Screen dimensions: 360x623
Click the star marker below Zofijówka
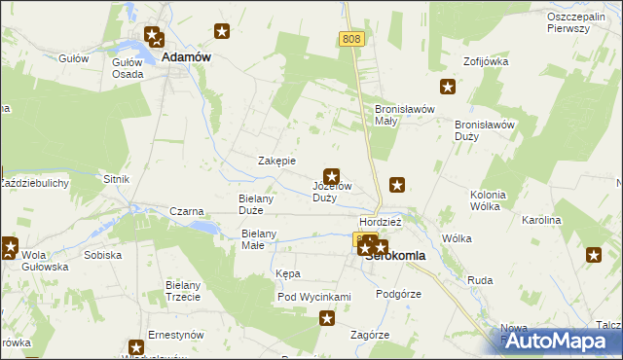pos(448,88)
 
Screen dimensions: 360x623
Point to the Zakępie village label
pos(275,161)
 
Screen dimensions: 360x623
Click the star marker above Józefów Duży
pos(332,176)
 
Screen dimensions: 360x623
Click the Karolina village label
pos(542,220)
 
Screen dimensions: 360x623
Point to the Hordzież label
pos(381,221)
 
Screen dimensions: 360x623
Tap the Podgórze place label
pos(398,293)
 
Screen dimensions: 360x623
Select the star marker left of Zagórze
pos(328,318)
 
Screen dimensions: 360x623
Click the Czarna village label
pos(186,211)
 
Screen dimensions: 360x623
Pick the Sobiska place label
pos(102,255)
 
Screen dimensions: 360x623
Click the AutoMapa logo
pos(560,341)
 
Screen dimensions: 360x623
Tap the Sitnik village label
pos(116,180)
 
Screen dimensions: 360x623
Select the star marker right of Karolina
pos(594,255)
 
